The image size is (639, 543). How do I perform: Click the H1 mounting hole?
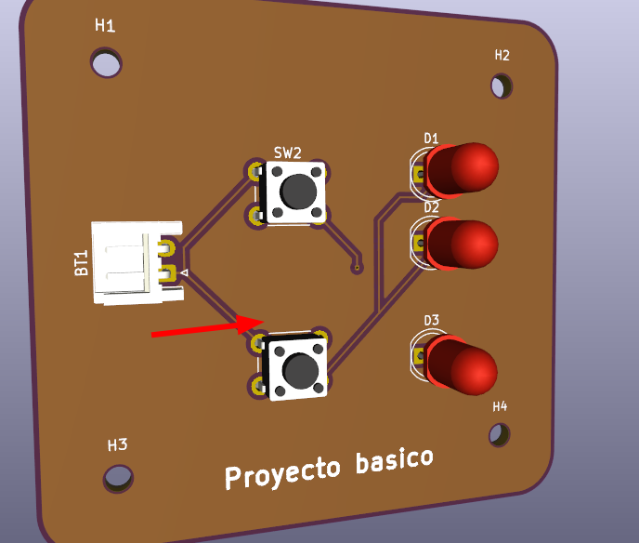(x=106, y=63)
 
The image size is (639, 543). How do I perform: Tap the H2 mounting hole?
(x=502, y=86)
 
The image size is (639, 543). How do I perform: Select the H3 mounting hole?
(x=118, y=477)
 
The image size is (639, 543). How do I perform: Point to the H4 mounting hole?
(x=500, y=434)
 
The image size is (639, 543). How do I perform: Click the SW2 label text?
(x=287, y=152)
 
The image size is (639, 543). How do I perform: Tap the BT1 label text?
(x=82, y=263)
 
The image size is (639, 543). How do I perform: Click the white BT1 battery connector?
(x=130, y=263)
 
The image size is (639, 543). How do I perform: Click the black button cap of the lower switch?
(x=299, y=371)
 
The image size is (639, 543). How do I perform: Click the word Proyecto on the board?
(x=282, y=471)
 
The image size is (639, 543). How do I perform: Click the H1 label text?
(x=105, y=25)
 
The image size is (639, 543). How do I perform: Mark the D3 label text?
(x=431, y=321)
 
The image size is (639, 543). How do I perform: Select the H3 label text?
(x=117, y=444)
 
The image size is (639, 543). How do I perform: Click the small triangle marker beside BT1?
(x=184, y=272)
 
